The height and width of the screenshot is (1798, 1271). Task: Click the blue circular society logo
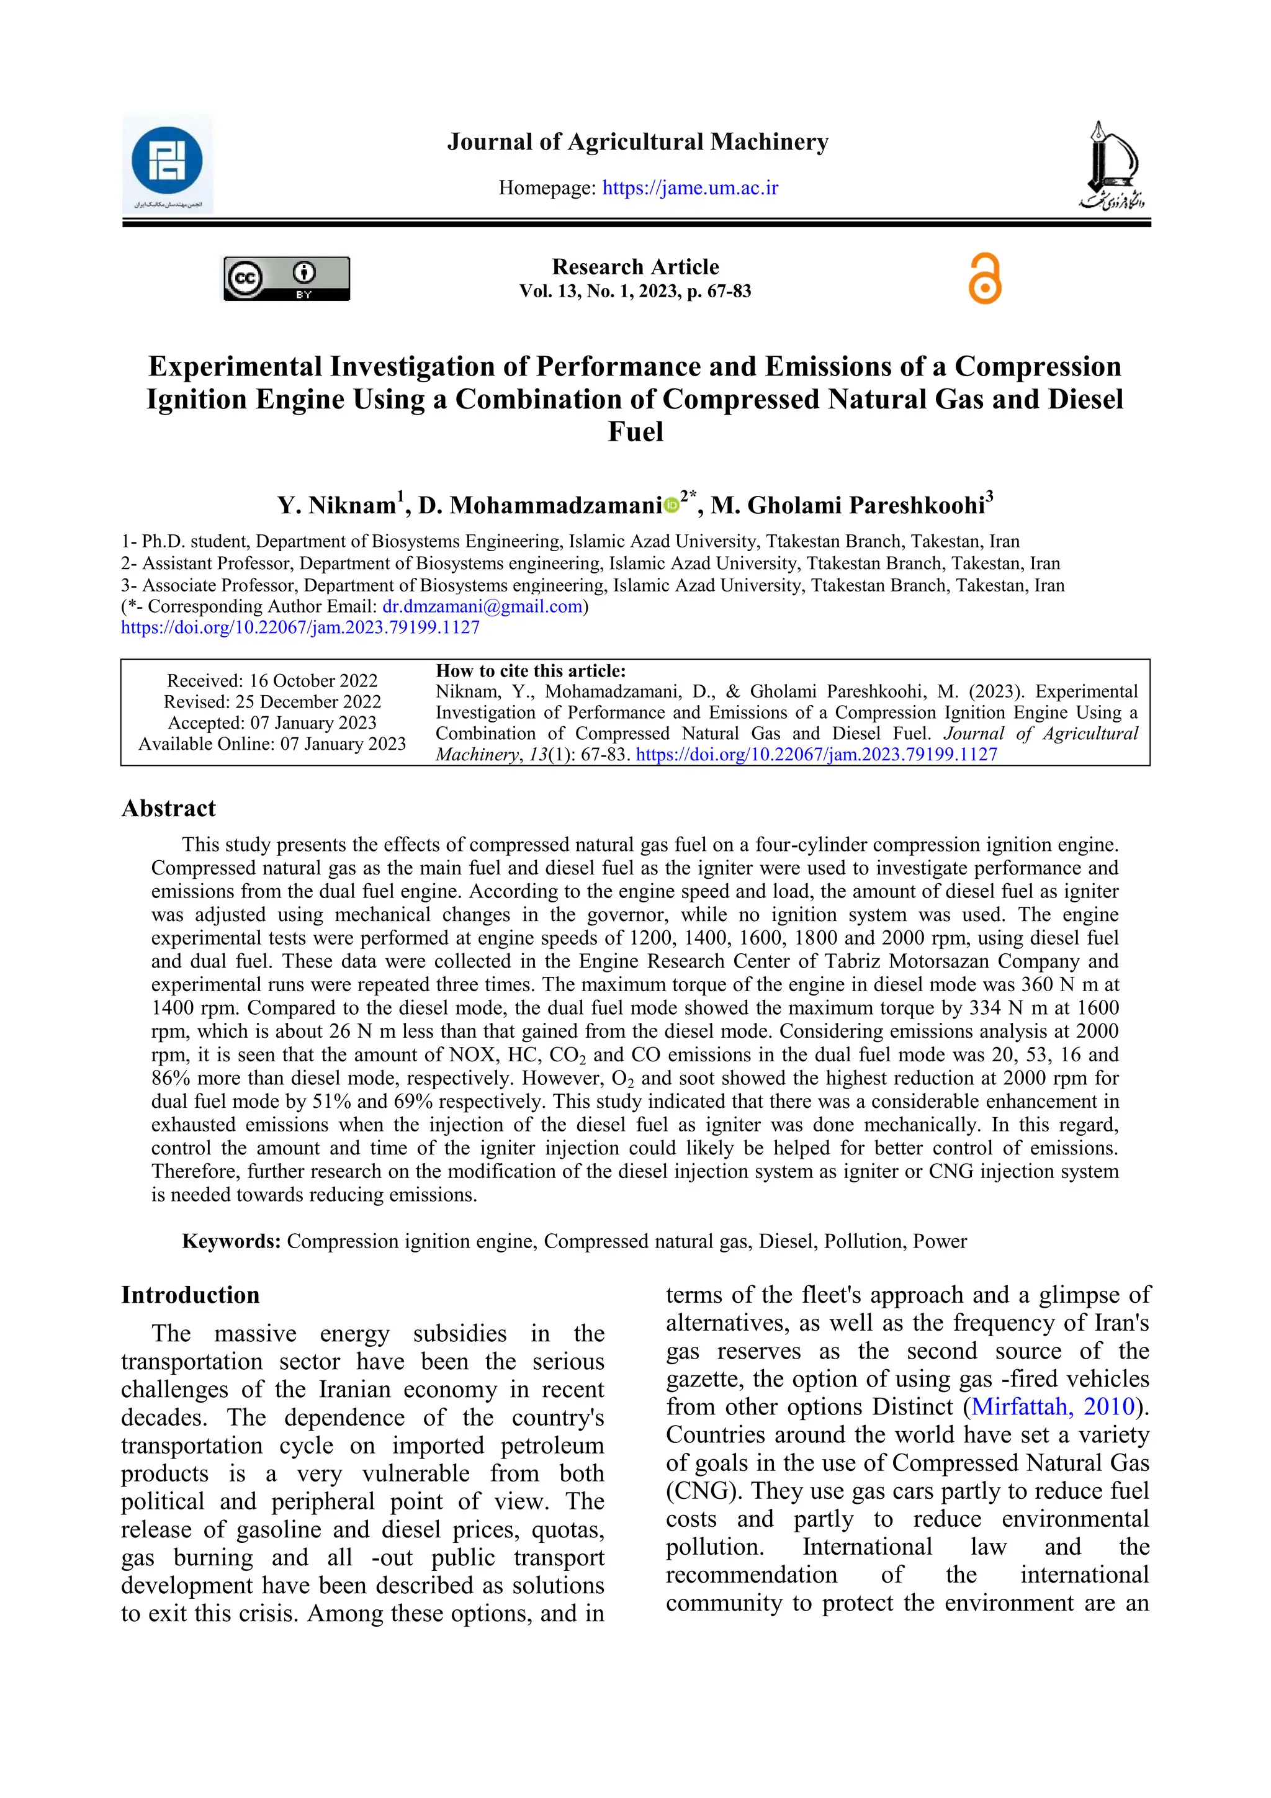[x=167, y=161]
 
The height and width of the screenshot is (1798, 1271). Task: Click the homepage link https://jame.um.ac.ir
[x=690, y=188]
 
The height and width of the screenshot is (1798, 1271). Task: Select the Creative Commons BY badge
[x=287, y=279]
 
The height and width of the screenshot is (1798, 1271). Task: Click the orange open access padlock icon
[x=984, y=279]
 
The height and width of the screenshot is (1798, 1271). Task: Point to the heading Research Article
[x=635, y=267]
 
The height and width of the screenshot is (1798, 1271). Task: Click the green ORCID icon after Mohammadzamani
[x=671, y=506]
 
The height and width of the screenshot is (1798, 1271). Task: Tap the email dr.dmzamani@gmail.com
[x=482, y=606]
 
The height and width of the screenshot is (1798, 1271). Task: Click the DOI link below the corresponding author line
[x=300, y=627]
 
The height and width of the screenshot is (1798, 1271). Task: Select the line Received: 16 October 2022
[x=272, y=680]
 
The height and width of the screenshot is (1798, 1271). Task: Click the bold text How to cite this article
[x=530, y=671]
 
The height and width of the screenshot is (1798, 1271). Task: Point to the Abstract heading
[x=168, y=808]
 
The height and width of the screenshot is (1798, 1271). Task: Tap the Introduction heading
[x=191, y=1295]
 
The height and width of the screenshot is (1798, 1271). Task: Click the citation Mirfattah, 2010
[x=1053, y=1406]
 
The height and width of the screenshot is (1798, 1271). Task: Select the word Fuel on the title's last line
[x=635, y=431]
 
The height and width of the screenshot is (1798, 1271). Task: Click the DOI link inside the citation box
[x=816, y=755]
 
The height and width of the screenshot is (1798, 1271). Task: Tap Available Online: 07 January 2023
[x=272, y=744]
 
